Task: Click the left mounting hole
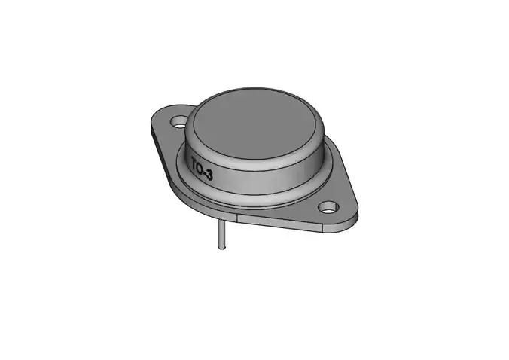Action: tap(179, 120)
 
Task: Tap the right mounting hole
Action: tap(328, 206)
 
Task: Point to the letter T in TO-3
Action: tap(195, 163)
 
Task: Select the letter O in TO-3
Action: tap(203, 168)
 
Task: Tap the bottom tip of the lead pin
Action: tap(221, 249)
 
